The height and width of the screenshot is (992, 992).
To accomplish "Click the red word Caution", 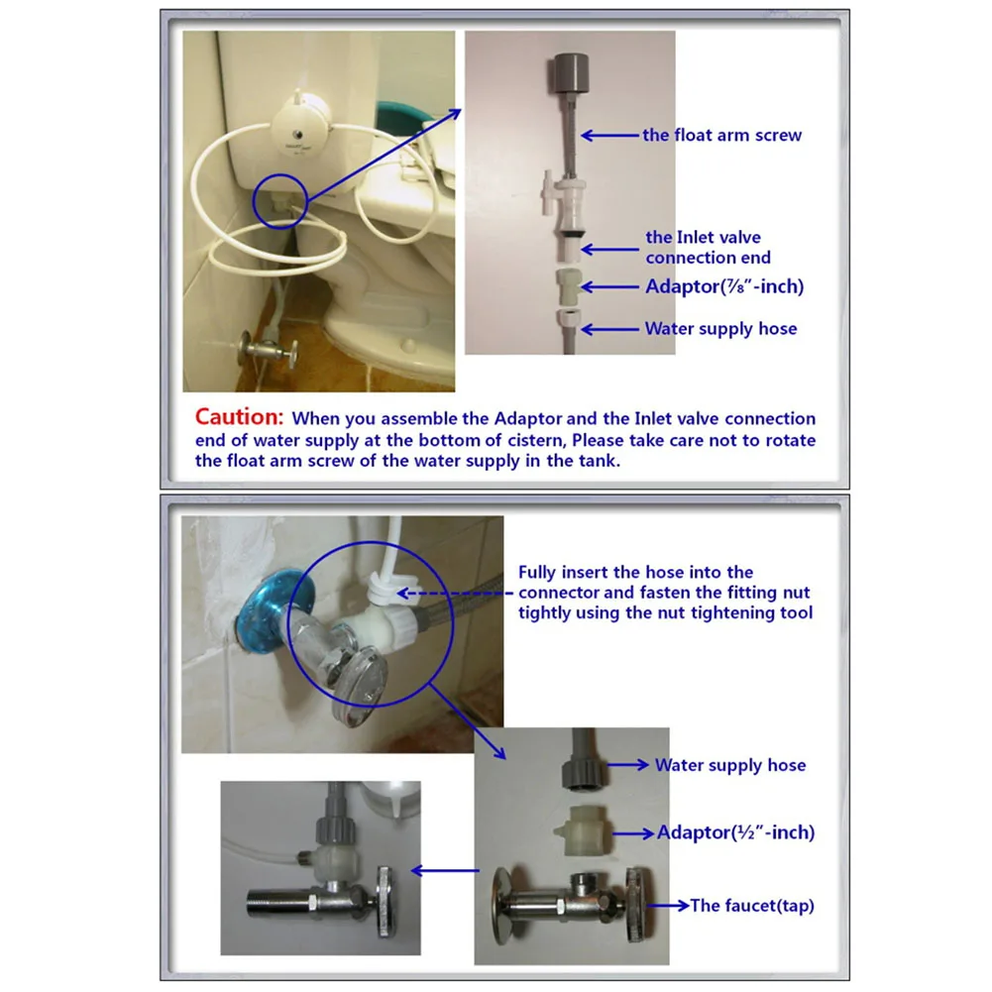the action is [239, 417].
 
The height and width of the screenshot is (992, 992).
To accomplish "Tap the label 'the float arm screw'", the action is [721, 135].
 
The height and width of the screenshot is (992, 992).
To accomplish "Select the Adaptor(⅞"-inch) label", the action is [724, 286].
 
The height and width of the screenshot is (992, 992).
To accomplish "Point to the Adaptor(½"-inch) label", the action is [735, 832].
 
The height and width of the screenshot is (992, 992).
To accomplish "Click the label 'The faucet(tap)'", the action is [751, 906].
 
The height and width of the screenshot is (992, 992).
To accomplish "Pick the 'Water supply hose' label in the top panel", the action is [720, 328].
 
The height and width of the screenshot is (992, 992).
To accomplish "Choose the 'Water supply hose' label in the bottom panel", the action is [730, 765].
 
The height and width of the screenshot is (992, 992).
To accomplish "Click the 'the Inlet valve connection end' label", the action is [708, 248].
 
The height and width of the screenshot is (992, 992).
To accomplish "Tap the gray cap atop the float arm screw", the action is [571, 72].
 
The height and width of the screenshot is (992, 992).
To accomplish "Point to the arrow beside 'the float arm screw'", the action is [609, 135].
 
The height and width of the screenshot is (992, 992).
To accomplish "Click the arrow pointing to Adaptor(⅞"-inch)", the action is [609, 287].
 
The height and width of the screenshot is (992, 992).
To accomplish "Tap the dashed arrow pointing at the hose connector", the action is [454, 594].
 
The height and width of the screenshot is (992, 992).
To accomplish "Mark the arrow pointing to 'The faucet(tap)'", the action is [668, 906].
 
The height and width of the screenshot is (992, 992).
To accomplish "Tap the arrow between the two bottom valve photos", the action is [445, 870].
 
